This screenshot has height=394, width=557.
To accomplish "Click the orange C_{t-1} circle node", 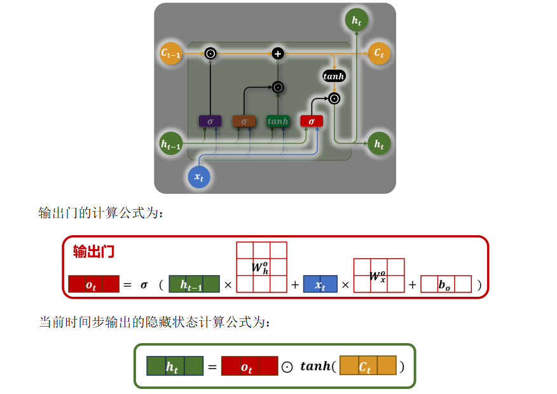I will (170, 53).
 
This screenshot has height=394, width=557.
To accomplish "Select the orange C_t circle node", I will (379, 53).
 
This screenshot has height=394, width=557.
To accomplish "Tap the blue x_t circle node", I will (199, 176).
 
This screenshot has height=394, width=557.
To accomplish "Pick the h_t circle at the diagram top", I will (356, 21).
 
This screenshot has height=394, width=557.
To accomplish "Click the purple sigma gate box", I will (210, 121).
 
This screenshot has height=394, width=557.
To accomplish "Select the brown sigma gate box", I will (244, 121).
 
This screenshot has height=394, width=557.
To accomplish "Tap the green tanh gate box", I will (278, 121).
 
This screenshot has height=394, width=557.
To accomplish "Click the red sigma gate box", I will (312, 121).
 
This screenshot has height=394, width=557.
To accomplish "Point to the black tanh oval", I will (334, 76).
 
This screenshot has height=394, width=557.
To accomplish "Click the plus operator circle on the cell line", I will (277, 53).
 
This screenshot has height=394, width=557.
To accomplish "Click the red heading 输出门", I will (93, 251).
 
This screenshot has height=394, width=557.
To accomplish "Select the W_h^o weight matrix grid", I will (261, 267).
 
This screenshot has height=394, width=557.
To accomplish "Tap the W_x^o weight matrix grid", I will (379, 275).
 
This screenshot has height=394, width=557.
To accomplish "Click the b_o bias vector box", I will (446, 284).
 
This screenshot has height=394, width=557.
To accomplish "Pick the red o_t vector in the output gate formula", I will (93, 284).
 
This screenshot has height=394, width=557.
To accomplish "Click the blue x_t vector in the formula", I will (320, 284).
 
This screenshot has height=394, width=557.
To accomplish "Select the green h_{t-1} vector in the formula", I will (194, 284).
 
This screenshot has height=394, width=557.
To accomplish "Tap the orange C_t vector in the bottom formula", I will (368, 366).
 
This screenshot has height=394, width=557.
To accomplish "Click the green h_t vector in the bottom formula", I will (175, 366).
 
